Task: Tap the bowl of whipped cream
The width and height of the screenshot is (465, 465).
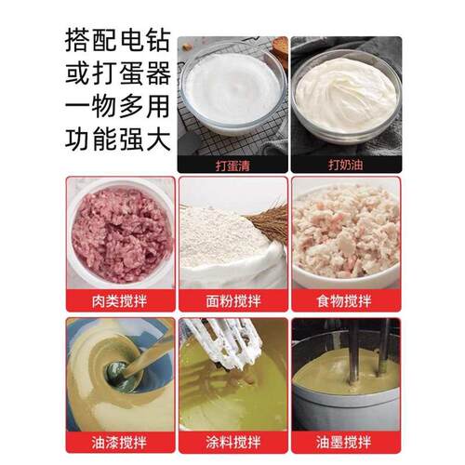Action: [345, 93]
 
